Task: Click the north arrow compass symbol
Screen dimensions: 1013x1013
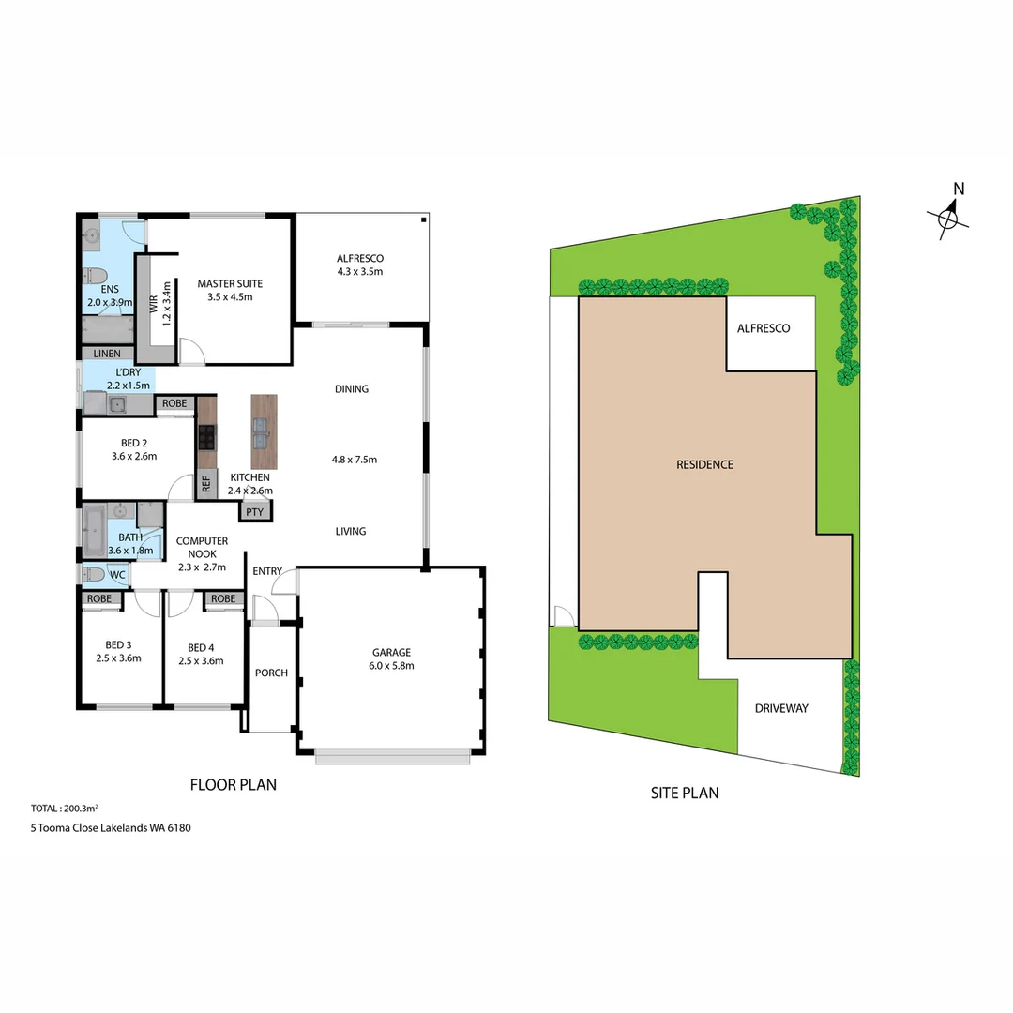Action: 949,219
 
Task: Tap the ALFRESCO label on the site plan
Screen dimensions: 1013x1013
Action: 764,328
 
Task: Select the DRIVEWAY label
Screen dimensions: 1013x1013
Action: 781,708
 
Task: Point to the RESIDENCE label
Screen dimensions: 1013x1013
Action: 705,464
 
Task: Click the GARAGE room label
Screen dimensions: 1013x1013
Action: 392,653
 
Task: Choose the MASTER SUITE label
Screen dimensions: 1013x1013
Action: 230,283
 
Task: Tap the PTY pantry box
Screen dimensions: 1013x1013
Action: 254,512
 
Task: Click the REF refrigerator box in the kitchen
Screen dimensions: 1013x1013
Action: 206,485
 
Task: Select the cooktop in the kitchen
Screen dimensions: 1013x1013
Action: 206,436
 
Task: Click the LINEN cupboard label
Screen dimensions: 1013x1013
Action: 107,354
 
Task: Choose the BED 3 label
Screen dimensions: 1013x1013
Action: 118,647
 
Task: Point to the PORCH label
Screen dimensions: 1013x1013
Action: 272,673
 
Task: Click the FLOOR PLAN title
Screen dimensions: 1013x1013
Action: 234,785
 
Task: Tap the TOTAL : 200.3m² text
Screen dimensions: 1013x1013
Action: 66,808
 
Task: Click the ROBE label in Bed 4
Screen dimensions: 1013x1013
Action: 223,598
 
